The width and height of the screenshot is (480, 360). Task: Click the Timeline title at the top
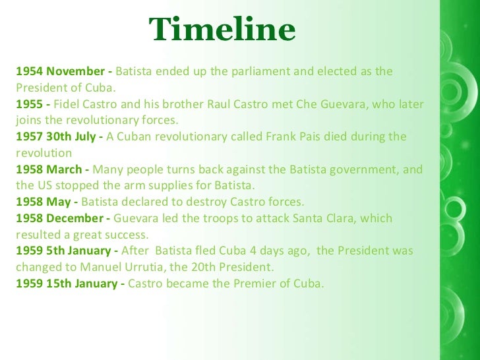222,30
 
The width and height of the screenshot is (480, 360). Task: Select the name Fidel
67,104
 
